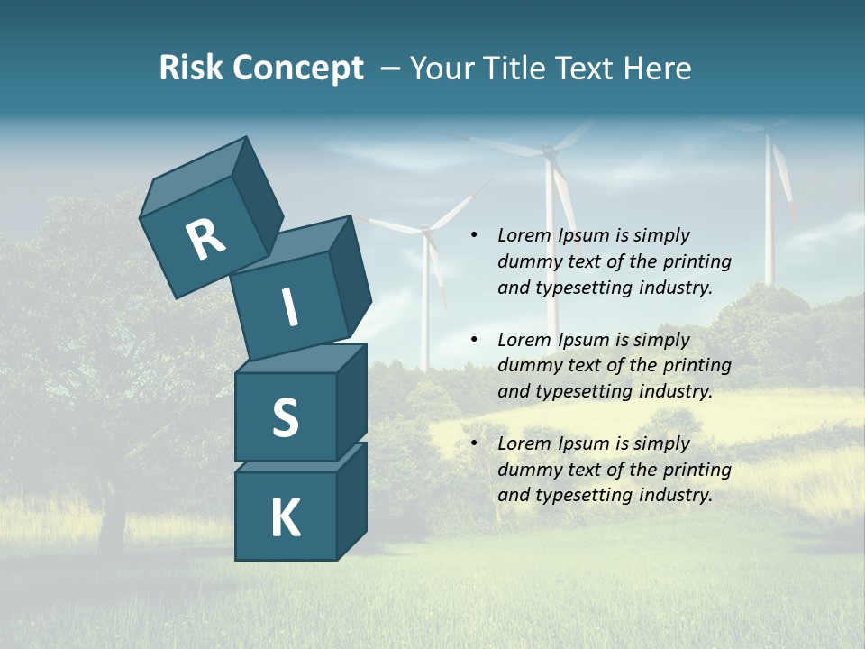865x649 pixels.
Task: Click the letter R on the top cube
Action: (205, 240)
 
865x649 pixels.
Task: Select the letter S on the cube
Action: (285, 417)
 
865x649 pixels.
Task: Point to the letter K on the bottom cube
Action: (285, 518)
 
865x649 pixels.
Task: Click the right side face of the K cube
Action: (351, 500)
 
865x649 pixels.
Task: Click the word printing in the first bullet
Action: (697, 261)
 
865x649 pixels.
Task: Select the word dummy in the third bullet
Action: (527, 470)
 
